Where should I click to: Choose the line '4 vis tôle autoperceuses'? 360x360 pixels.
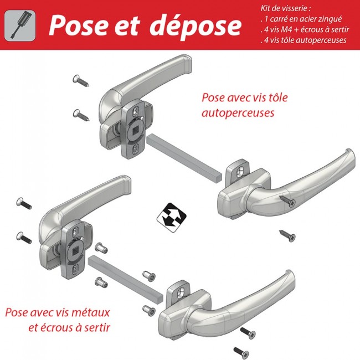pos(302,40)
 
